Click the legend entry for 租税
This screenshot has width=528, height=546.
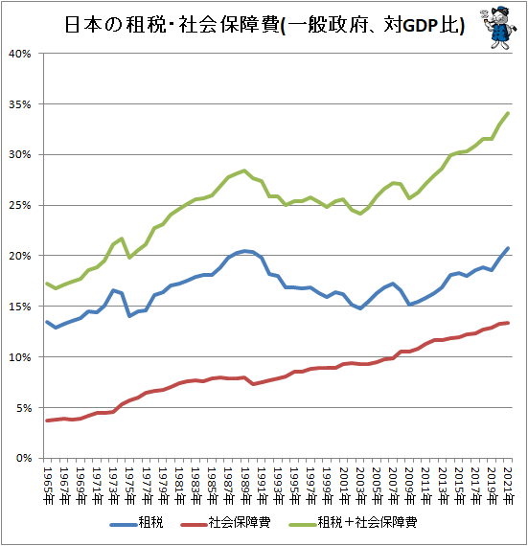tap(140, 522)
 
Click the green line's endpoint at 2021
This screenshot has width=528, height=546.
tap(508, 113)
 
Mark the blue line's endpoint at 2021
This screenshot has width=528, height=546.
tap(508, 248)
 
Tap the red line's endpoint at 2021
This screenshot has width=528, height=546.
tap(508, 323)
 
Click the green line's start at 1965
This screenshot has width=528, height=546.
tap(48, 283)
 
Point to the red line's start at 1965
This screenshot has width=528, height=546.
tap(48, 421)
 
